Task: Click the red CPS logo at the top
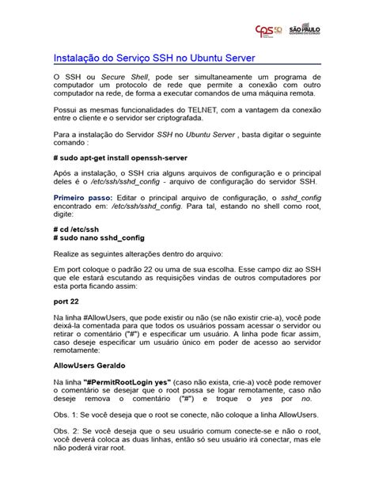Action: tap(267, 30)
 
